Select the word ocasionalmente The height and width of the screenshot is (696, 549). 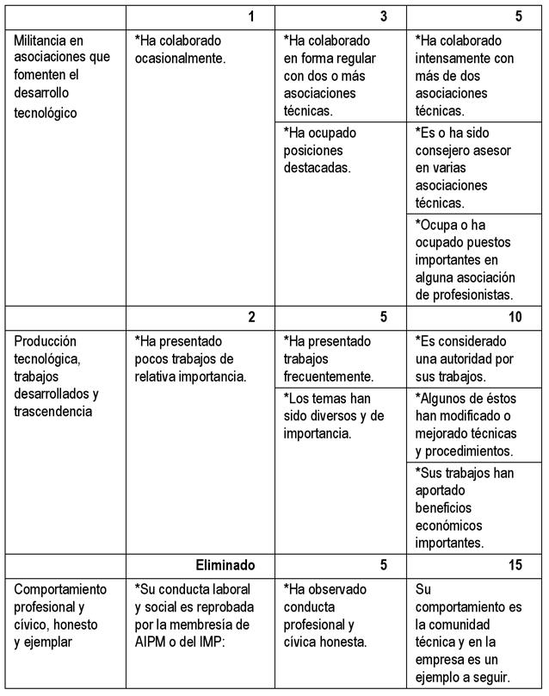click(180, 59)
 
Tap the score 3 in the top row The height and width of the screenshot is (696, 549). click(383, 16)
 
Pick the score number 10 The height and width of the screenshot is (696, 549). click(515, 317)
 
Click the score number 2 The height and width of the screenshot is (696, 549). click(251, 317)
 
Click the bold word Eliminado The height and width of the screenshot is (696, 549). click(225, 565)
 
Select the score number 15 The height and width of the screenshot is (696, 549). click(515, 565)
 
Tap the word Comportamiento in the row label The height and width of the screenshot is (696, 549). click(61, 589)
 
